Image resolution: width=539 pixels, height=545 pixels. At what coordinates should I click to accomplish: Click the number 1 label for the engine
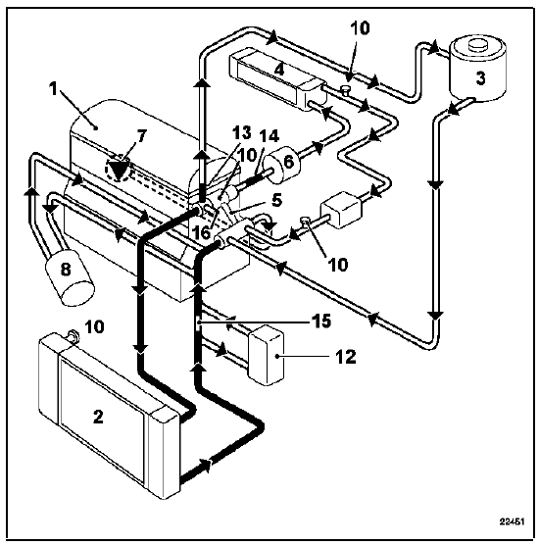[53, 89]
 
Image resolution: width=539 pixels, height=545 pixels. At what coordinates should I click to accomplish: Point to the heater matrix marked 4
[278, 79]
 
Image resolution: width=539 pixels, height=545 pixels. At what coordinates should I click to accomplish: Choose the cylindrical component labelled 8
[70, 275]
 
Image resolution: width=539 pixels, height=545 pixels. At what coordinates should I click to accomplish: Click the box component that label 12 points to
[267, 355]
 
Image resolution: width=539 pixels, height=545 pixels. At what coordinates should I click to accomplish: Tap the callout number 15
[321, 322]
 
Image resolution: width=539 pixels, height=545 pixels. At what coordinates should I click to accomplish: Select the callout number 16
[202, 233]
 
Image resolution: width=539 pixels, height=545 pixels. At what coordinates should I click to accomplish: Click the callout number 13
[241, 132]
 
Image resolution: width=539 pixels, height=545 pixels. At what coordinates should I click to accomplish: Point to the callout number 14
[269, 136]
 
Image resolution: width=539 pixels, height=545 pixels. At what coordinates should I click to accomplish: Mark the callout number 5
[276, 201]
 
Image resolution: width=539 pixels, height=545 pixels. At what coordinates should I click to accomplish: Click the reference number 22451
[512, 521]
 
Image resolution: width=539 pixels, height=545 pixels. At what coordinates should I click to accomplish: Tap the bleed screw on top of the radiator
[73, 335]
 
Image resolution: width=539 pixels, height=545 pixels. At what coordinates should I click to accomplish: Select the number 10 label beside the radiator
[94, 326]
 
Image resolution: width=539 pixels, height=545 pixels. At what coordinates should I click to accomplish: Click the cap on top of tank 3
[478, 46]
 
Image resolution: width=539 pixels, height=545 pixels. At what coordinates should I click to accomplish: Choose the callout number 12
[346, 357]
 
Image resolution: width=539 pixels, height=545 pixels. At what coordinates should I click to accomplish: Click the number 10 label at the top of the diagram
[360, 28]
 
